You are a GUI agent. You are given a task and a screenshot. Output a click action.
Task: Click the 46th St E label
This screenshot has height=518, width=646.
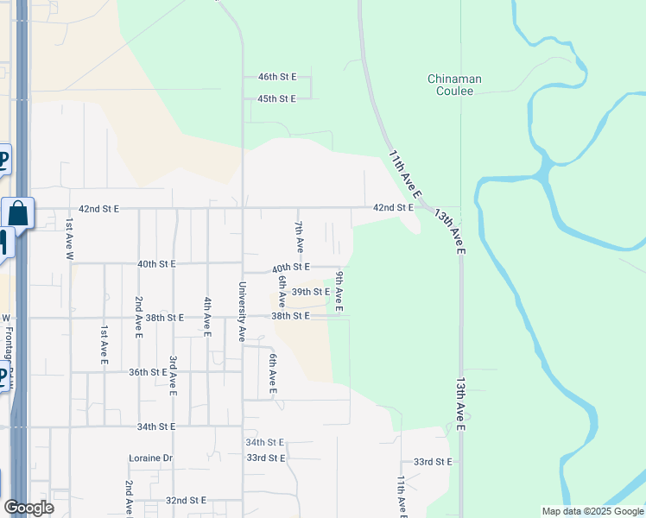(277, 77)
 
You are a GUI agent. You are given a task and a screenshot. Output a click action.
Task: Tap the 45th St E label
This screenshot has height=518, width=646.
(277, 99)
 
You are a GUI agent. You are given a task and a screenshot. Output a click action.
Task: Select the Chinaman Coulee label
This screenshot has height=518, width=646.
(454, 85)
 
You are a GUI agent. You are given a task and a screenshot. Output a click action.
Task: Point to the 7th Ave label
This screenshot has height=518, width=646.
(299, 236)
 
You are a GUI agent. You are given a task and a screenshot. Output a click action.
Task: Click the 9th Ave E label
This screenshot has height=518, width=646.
(339, 291)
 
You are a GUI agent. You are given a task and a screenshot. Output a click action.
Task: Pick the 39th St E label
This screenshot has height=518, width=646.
(310, 293)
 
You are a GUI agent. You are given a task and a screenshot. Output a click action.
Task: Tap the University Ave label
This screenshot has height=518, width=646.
(243, 312)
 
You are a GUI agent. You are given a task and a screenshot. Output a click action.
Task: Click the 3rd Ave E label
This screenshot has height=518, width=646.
(174, 376)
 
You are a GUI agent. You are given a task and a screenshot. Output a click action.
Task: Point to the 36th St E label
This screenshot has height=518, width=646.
(149, 372)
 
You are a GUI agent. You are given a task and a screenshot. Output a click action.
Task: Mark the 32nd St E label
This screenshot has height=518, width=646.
(186, 501)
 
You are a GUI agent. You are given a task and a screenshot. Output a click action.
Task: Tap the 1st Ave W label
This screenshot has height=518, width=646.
(70, 239)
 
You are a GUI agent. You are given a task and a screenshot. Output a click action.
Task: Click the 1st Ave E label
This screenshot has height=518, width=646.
(104, 343)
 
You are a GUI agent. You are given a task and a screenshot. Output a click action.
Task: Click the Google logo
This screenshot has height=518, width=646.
(28, 508)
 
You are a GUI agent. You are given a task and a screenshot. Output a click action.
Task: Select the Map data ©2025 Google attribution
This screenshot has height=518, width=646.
(592, 511)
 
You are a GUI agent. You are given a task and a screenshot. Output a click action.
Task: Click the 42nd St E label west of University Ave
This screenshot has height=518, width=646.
(98, 209)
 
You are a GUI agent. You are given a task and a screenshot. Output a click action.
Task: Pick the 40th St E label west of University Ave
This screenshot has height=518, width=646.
(156, 263)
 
